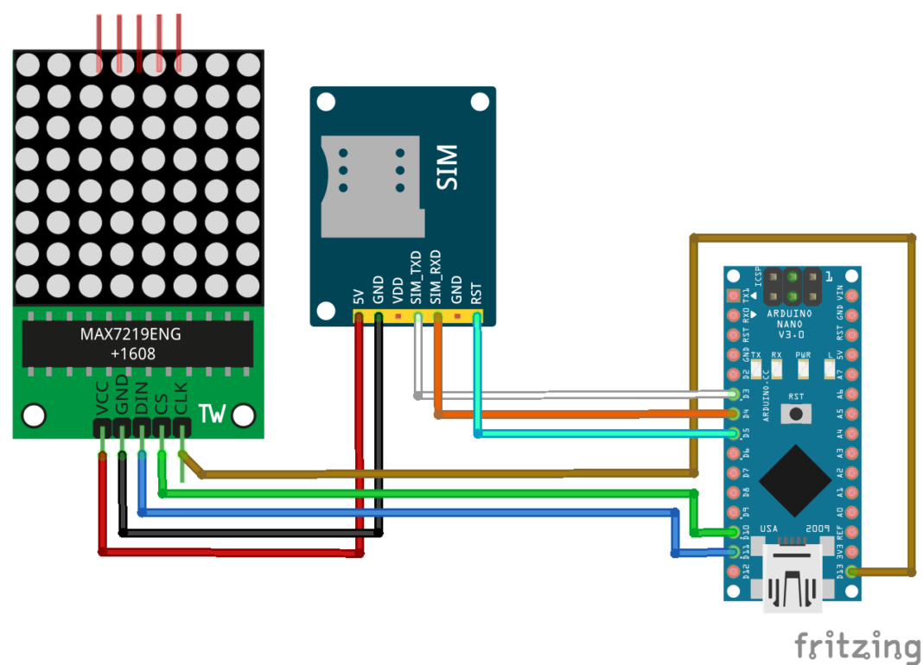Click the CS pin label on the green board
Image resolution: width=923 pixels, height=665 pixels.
coord(161,404)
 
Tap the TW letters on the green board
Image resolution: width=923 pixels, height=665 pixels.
coord(213,415)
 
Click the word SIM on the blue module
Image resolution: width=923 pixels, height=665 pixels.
coord(447,168)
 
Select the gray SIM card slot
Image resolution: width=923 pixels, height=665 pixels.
coord(372,187)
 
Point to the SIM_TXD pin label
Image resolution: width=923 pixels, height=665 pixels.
coord(416,277)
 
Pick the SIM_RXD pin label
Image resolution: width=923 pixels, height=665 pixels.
coord(436,277)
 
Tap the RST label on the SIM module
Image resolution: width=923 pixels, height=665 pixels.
coord(476,294)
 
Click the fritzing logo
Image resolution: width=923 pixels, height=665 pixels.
coord(856,645)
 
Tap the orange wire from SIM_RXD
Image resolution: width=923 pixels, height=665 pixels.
coord(579,415)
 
